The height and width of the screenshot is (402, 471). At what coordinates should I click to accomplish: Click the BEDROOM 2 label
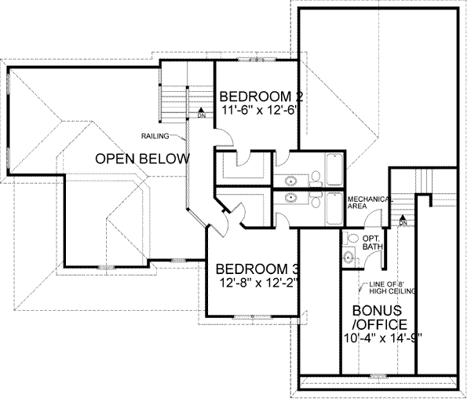262,97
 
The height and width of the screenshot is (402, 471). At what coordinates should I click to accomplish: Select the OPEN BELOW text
142,159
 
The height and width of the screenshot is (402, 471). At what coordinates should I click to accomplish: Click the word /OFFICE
380,324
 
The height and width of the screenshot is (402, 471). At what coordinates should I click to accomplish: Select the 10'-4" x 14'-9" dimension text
381,340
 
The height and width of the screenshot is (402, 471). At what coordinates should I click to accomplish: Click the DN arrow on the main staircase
201,112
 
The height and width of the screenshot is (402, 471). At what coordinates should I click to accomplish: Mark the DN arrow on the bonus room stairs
403,220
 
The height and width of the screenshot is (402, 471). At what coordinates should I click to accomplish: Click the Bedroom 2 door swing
225,137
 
